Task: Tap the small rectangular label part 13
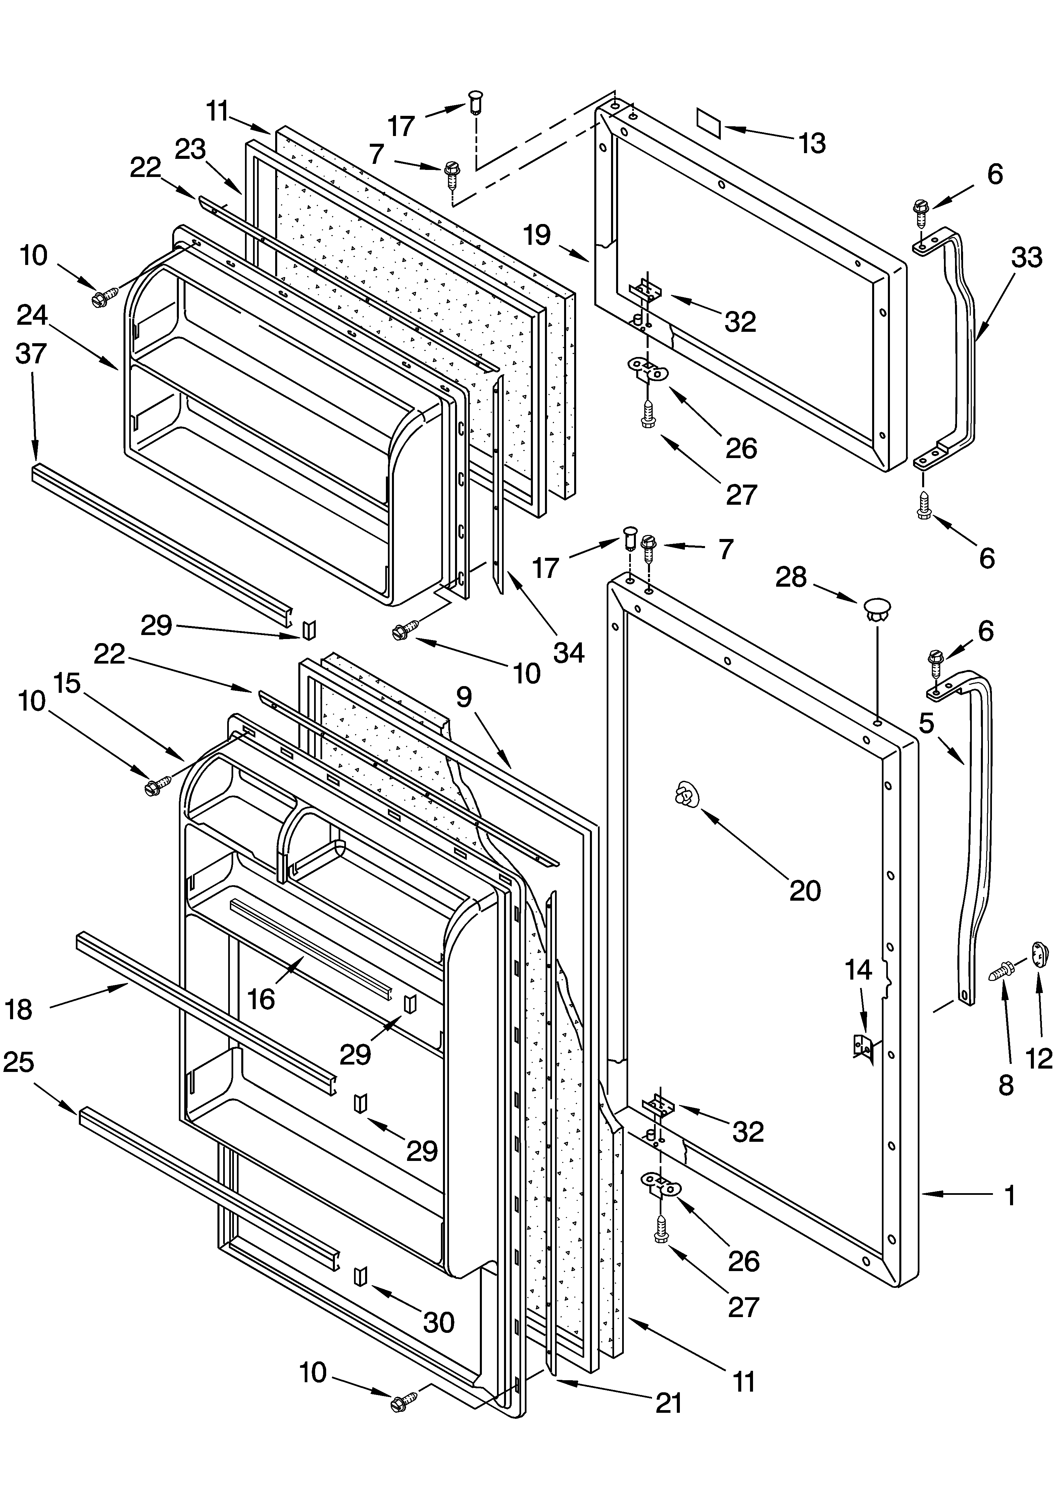709,122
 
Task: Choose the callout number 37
31,354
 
